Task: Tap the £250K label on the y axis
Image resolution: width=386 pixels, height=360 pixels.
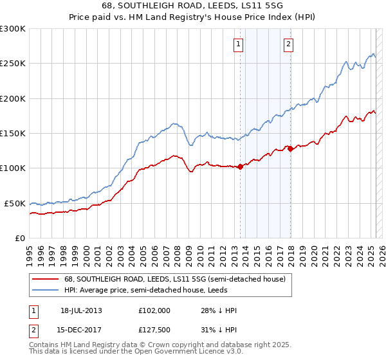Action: [13, 64]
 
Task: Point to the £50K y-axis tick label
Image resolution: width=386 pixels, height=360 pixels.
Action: [15, 203]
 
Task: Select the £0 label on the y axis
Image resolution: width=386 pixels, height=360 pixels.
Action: [20, 238]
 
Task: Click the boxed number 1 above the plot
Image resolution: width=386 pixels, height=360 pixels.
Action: [239, 44]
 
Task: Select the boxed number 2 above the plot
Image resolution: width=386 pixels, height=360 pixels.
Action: [288, 44]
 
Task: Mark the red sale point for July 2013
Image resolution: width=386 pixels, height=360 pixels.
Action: [240, 166]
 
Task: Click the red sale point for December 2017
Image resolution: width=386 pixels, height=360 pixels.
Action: [290, 148]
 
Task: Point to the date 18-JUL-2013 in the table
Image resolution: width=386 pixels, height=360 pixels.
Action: [81, 310]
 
